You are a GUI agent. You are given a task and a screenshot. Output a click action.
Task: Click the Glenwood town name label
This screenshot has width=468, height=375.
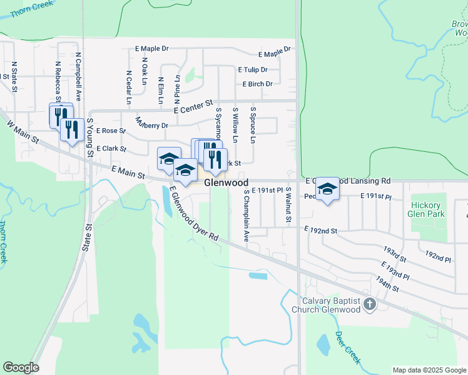tap(226, 182)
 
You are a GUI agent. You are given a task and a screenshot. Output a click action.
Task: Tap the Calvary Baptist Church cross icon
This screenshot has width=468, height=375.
tap(369, 304)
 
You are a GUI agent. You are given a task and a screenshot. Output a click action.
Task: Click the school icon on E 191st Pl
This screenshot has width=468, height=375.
tap(327, 188)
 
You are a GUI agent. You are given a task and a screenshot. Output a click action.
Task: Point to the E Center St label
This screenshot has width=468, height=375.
tap(193, 106)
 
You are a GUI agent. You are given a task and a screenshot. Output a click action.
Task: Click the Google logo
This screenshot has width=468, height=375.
tap(21, 367)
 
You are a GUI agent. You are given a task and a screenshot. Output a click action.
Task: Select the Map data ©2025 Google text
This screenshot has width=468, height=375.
tap(429, 370)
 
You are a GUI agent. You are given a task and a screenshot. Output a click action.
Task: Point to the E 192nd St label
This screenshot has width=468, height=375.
tap(321, 231)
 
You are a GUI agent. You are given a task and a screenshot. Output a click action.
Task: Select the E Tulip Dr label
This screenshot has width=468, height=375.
tap(253, 70)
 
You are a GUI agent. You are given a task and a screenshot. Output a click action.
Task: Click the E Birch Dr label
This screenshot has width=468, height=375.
tap(257, 84)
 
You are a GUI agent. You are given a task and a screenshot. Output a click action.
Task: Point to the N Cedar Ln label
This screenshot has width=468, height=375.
tap(129, 86)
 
